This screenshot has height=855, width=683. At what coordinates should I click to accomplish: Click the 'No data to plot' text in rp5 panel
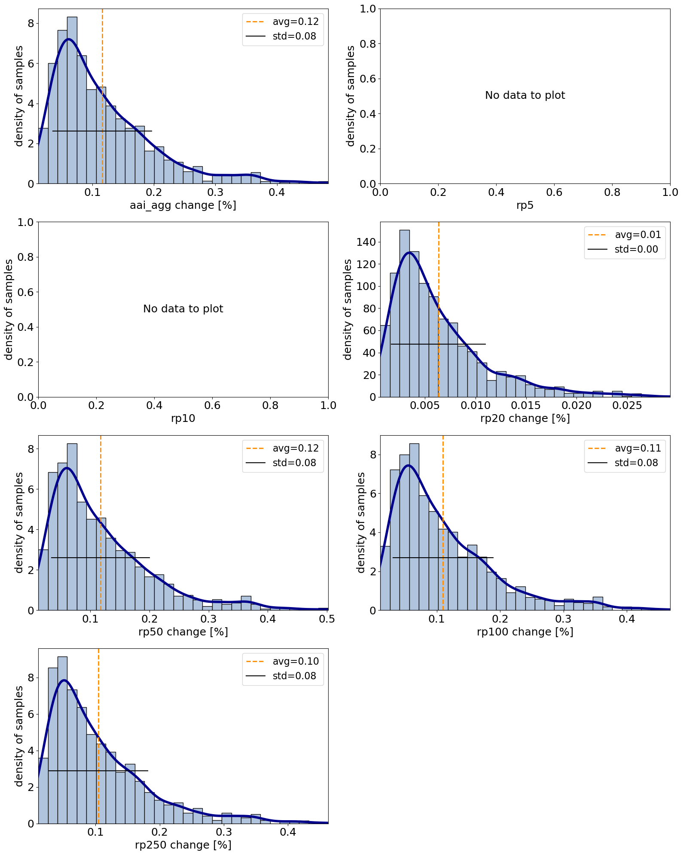pos(525,95)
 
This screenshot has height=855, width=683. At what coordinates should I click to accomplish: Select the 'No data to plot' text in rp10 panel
pos(183,309)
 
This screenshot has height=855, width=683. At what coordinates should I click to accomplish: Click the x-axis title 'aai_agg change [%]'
pos(183,205)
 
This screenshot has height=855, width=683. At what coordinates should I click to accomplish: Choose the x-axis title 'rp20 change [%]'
pos(525,418)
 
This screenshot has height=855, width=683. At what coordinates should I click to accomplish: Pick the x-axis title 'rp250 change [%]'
pos(183,845)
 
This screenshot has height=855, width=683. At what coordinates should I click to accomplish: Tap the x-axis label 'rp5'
pos(525,205)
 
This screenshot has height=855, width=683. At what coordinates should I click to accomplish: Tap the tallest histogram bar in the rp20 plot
pos(404,314)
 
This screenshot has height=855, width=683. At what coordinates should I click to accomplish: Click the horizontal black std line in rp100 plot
pos(443,558)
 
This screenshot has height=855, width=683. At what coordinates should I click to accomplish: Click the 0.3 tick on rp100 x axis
pos(564,619)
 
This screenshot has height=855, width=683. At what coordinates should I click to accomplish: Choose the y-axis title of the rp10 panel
pos(9,309)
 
